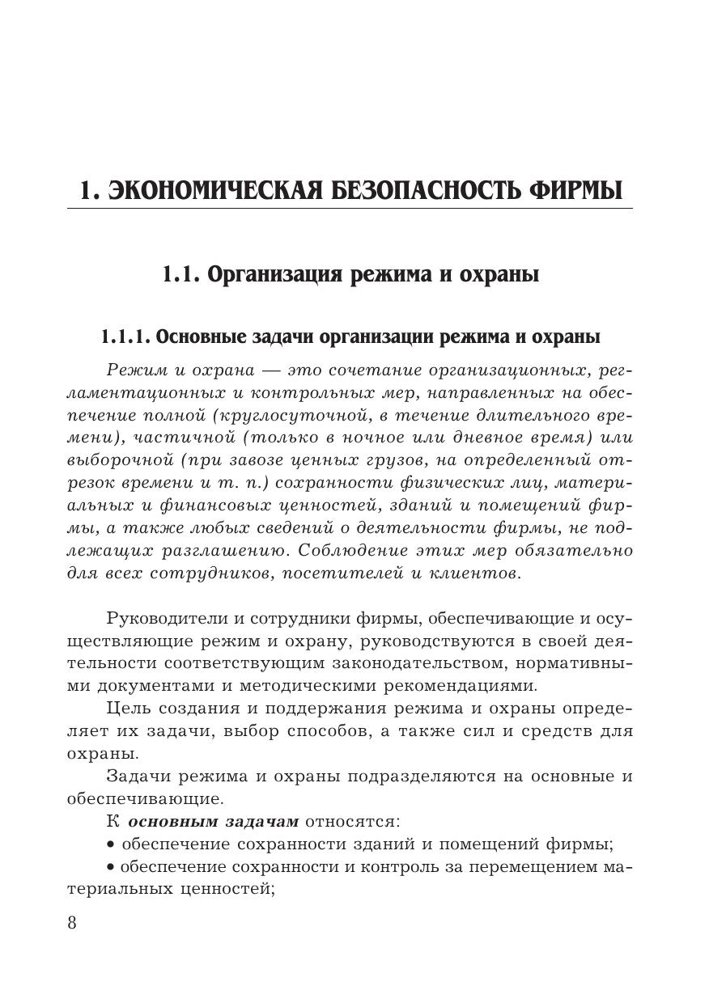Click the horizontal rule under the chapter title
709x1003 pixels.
coord(350,209)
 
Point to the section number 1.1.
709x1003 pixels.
coord(181,275)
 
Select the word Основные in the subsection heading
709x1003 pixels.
coord(194,336)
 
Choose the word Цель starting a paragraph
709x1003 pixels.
coord(125,709)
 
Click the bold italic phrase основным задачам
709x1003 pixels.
coord(214,822)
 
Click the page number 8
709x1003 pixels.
coord(72,923)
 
